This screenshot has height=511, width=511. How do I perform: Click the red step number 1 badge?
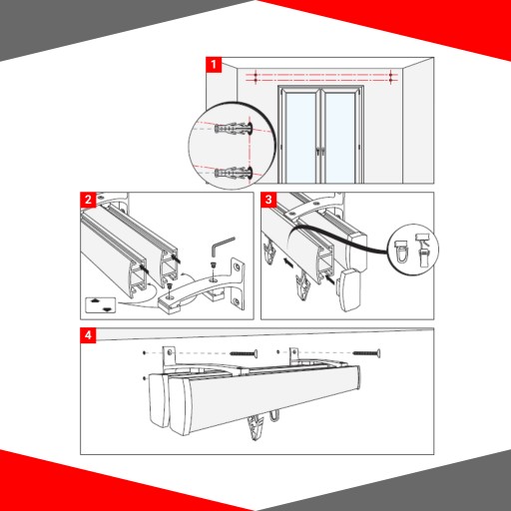tap(214, 64)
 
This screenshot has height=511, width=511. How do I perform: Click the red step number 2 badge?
tap(88, 200)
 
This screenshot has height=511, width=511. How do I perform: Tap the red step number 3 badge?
tap(268, 200)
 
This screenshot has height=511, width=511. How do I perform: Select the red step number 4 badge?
tap(88, 335)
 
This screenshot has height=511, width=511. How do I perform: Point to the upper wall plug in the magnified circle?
tap(234, 128)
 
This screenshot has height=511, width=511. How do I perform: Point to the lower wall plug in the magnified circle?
tap(234, 173)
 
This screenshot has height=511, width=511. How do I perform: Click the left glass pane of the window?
tap(300, 138)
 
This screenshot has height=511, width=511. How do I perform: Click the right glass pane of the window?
tap(340, 138)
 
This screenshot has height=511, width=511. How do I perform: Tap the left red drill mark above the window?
tap(255, 77)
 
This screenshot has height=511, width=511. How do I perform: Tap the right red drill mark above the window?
tap(391, 77)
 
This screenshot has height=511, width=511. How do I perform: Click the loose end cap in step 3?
tap(348, 289)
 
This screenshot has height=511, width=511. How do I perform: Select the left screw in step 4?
tap(244, 353)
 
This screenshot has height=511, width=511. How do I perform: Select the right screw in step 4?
tap(366, 353)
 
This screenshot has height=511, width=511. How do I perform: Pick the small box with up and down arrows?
tap(101, 305)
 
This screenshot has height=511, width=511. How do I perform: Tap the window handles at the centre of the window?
tap(320, 152)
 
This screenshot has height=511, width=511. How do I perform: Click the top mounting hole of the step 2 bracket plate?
tap(238, 266)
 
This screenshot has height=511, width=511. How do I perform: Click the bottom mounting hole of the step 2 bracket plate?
tap(237, 302)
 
